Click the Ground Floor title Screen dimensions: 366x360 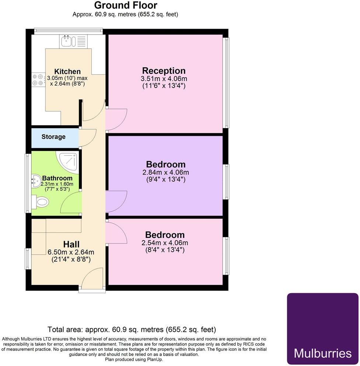126,6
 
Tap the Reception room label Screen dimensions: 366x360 164,71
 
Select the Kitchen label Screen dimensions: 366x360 67,71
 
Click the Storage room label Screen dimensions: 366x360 53,137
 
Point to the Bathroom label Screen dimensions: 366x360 57,178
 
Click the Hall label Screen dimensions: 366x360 71,244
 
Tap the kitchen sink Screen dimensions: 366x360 67,41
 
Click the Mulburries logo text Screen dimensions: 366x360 322,353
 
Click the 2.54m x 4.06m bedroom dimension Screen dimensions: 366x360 165,243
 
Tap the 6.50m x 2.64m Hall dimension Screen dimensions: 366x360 71,252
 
